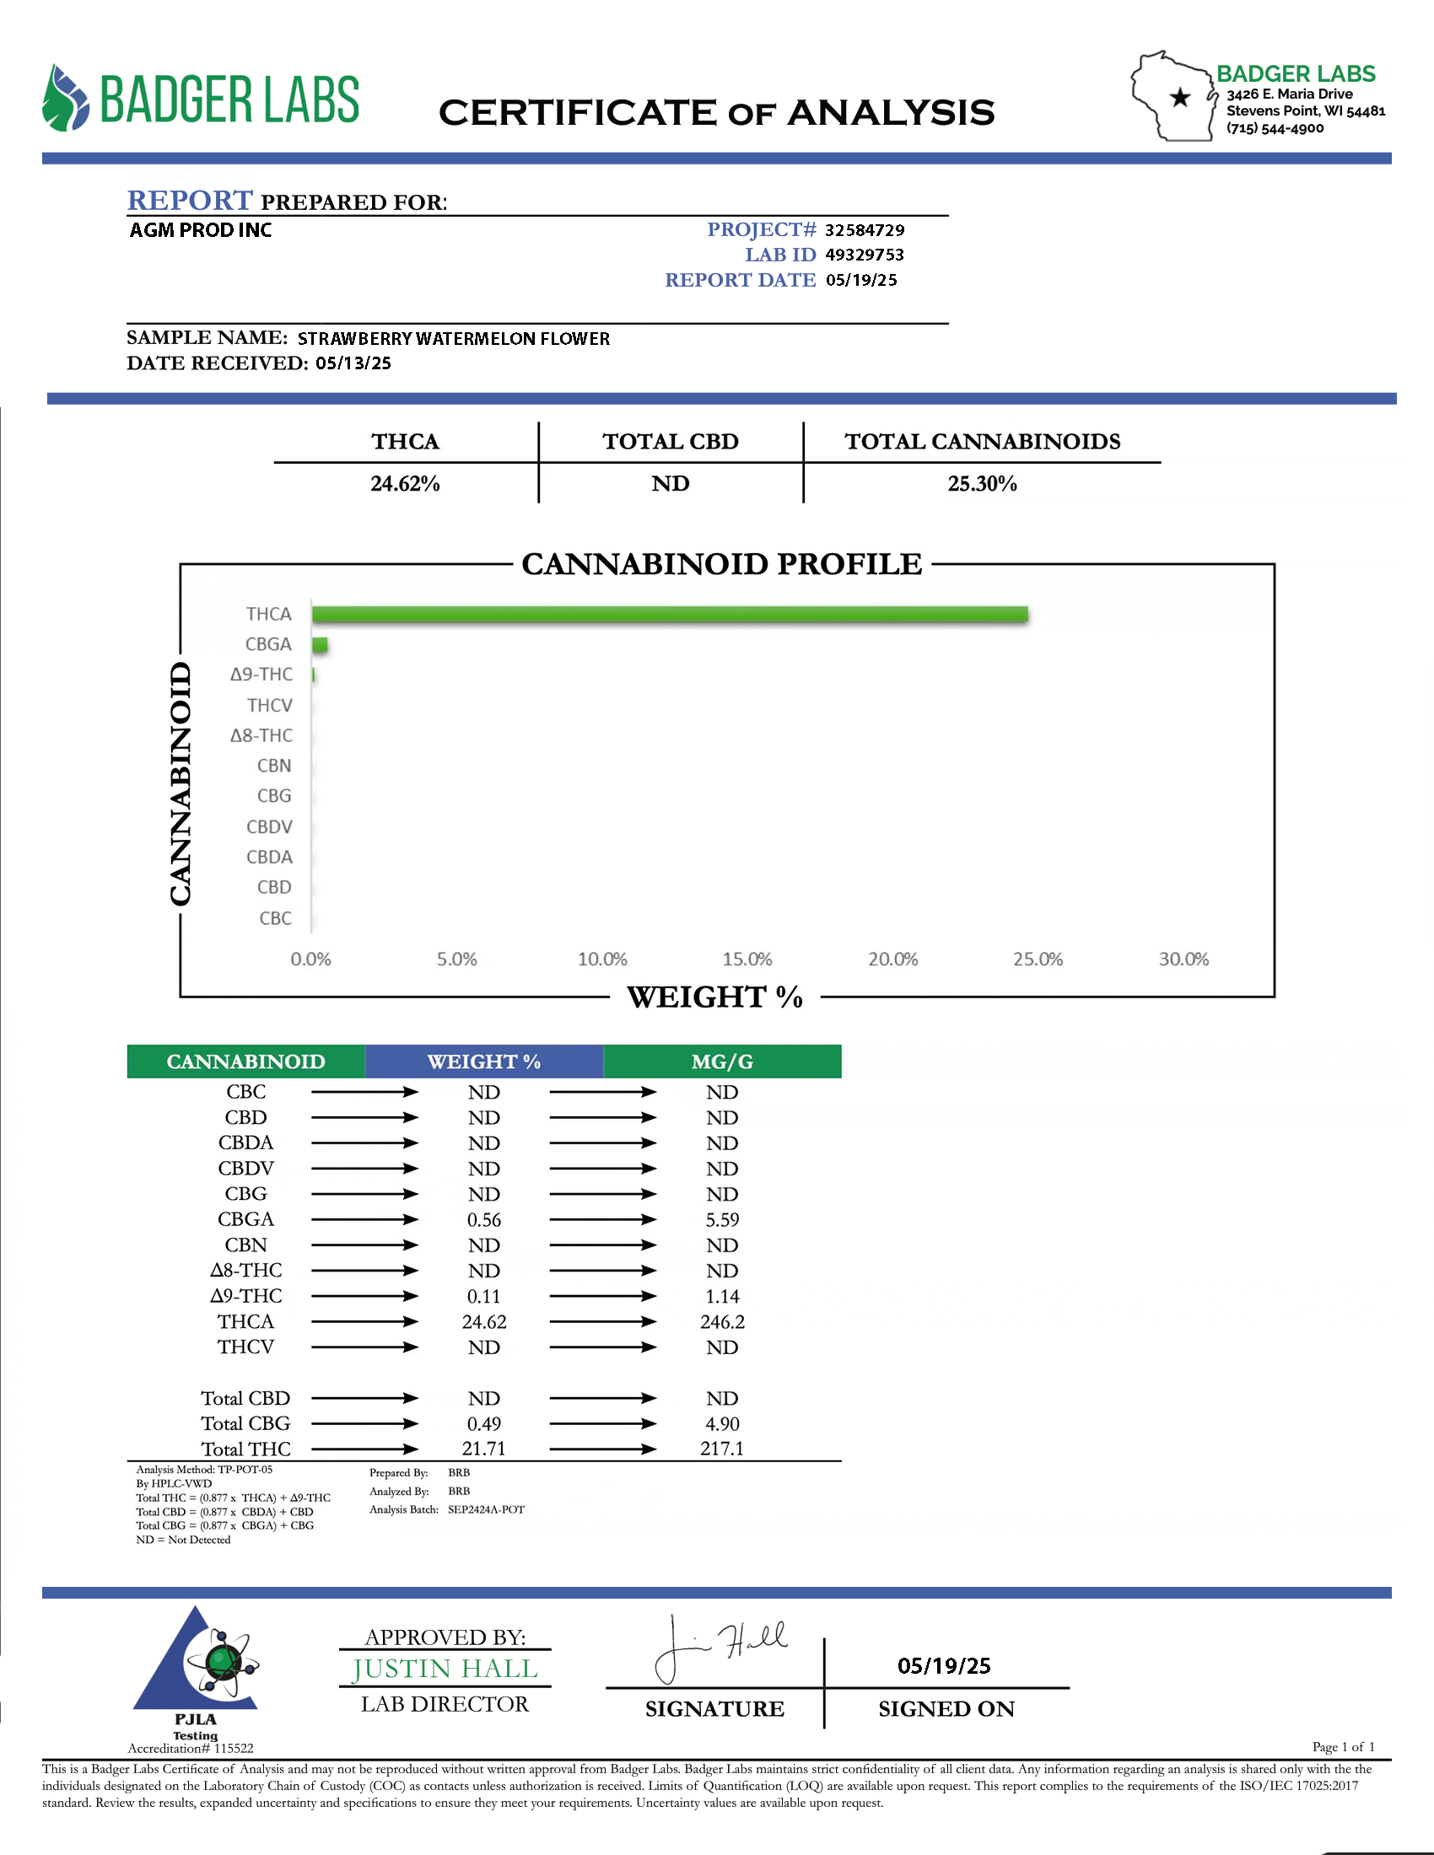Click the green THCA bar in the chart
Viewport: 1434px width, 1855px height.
(x=670, y=614)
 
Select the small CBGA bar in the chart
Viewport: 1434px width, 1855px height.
(x=320, y=645)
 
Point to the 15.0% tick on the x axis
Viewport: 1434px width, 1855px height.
(x=747, y=959)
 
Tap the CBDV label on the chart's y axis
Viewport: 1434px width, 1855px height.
(x=269, y=826)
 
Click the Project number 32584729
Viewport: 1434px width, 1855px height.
(x=864, y=230)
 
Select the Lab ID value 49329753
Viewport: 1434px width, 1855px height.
(x=864, y=255)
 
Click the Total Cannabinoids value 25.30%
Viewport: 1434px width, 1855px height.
(x=982, y=483)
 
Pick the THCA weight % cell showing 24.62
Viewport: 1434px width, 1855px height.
(x=484, y=1321)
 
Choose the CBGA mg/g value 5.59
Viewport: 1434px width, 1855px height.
(x=722, y=1220)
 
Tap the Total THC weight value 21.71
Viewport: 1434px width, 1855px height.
(x=484, y=1449)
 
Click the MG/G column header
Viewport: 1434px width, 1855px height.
(x=722, y=1062)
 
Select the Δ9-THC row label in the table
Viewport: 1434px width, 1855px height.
(x=246, y=1296)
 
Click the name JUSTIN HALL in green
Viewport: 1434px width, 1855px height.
(x=445, y=1669)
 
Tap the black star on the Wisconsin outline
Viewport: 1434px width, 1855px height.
(x=1180, y=98)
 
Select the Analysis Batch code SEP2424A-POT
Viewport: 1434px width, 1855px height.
(x=486, y=1509)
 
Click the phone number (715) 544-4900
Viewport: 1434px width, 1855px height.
(x=1275, y=128)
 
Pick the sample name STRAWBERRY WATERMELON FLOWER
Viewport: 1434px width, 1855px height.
(x=454, y=339)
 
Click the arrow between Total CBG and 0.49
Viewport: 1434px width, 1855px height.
(x=364, y=1423)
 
